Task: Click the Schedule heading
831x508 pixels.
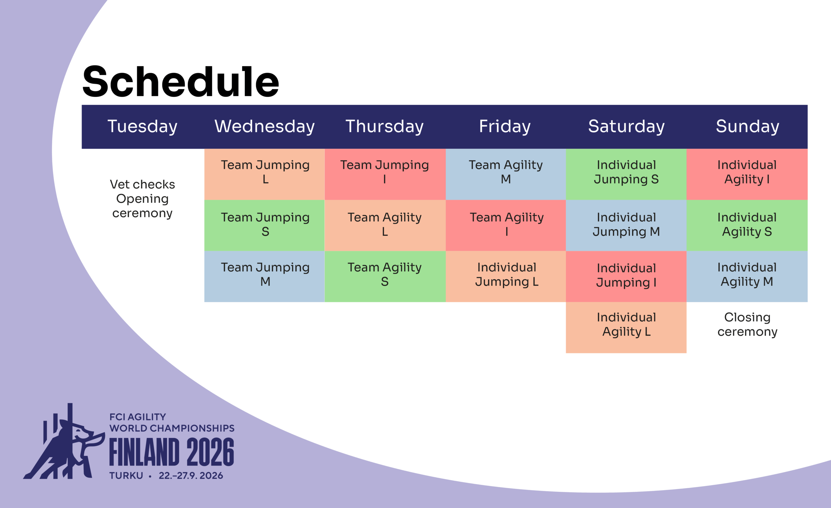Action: pos(181,81)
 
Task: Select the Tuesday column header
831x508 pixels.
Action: pos(142,127)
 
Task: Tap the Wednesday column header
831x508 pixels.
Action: pos(265,127)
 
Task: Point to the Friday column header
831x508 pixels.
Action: pos(505,127)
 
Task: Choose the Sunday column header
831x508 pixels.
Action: pos(747,127)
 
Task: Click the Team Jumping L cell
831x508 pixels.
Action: pos(265,174)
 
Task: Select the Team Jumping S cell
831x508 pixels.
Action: pos(265,225)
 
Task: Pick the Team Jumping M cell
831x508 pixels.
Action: pos(265,276)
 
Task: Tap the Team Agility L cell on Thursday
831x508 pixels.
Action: pos(385,225)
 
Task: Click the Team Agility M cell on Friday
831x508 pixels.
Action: pos(505,174)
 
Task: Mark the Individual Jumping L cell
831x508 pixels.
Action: pos(505,276)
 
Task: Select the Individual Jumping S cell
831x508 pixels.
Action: pos(626,174)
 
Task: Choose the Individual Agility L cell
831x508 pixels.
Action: pos(626,327)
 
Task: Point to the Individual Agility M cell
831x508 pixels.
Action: pos(747,276)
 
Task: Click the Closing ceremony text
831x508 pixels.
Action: pos(747,324)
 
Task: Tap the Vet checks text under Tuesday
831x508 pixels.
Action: pos(142,184)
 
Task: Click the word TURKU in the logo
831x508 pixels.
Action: pos(126,476)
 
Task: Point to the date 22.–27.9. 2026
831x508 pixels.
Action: pos(191,476)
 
